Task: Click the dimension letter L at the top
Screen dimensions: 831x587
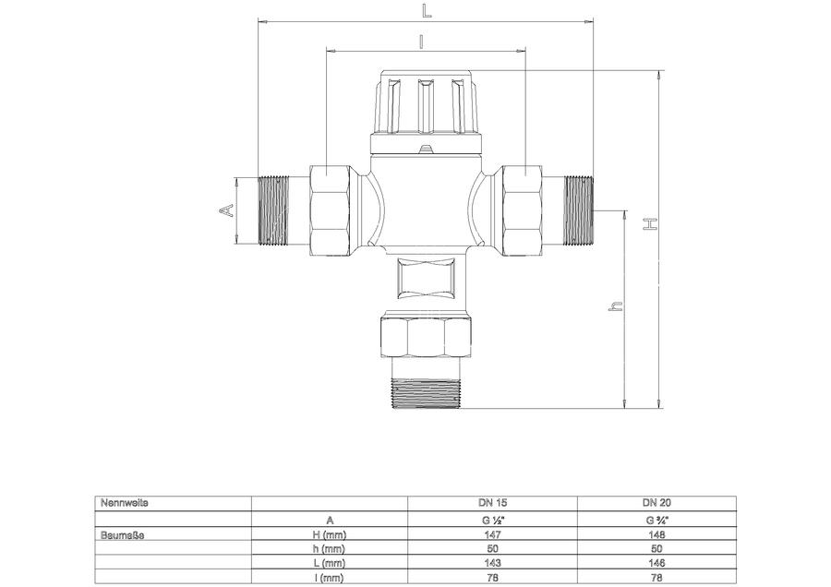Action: pos(427,11)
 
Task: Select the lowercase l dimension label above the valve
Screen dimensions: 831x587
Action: pos(421,42)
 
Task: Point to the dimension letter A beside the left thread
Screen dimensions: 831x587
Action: pos(226,210)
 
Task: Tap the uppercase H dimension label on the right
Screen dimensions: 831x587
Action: pos(650,224)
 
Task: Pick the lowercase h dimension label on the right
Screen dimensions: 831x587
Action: pos(615,305)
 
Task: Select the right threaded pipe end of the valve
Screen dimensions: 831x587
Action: pos(578,210)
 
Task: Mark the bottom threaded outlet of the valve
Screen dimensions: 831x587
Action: pos(426,392)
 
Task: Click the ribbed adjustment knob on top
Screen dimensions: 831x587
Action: pos(426,102)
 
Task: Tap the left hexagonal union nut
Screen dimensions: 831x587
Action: pos(330,210)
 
